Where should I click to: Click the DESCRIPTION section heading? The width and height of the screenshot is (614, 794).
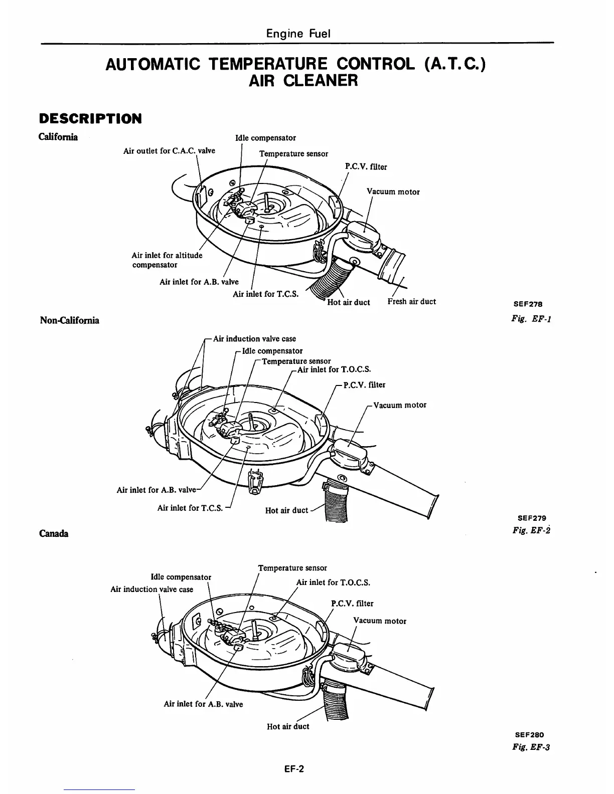click(x=90, y=119)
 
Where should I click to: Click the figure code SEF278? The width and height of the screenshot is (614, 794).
click(x=528, y=304)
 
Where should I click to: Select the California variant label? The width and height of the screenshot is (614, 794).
click(x=58, y=137)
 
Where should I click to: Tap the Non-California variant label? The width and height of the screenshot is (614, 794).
click(x=69, y=320)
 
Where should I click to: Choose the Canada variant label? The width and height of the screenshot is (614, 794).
click(x=54, y=533)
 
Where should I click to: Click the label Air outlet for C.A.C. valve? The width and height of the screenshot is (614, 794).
click(x=169, y=150)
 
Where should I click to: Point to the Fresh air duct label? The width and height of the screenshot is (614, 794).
click(x=411, y=301)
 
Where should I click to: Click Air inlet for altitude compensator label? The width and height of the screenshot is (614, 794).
click(x=167, y=260)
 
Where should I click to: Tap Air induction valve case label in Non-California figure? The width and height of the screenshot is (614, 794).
click(x=254, y=339)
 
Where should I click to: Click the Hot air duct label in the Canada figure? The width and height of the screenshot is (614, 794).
click(x=288, y=726)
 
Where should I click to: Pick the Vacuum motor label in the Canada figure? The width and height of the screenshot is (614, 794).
click(x=380, y=621)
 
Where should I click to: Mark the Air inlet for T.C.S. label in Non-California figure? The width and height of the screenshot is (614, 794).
click(x=190, y=508)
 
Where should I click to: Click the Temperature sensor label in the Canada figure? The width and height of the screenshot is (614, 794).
click(x=292, y=568)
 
